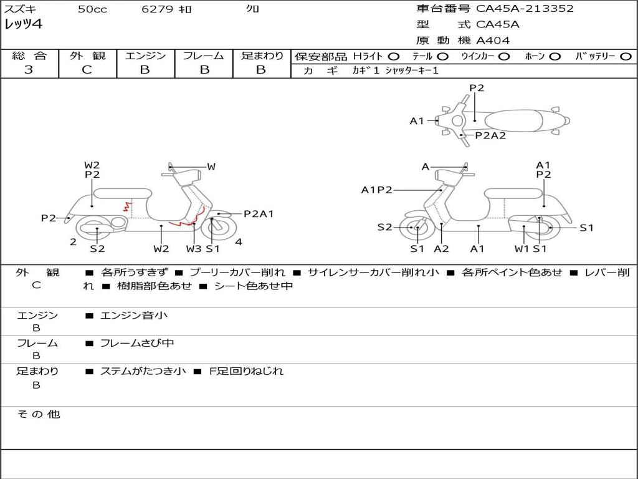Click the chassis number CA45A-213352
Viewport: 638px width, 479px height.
point(525,9)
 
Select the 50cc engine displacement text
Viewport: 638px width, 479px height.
point(92,9)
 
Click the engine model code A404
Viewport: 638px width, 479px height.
point(493,41)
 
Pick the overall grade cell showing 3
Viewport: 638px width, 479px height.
point(29,70)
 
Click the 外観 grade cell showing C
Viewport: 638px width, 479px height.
point(87,70)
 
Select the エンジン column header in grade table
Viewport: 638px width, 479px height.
point(145,56)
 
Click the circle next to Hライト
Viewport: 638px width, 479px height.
point(393,56)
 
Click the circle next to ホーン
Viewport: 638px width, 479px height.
point(555,56)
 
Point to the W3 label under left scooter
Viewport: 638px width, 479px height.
point(194,249)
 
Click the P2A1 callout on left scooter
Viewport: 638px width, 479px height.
point(259,214)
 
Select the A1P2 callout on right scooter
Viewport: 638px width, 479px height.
point(377,190)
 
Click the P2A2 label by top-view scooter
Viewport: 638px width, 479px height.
point(490,135)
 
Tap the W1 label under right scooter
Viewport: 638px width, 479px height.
point(521,249)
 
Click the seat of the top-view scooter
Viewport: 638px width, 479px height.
point(515,120)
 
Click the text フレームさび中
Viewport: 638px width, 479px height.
point(137,343)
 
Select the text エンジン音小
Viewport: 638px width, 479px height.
point(133,316)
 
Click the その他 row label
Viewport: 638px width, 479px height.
point(38,414)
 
